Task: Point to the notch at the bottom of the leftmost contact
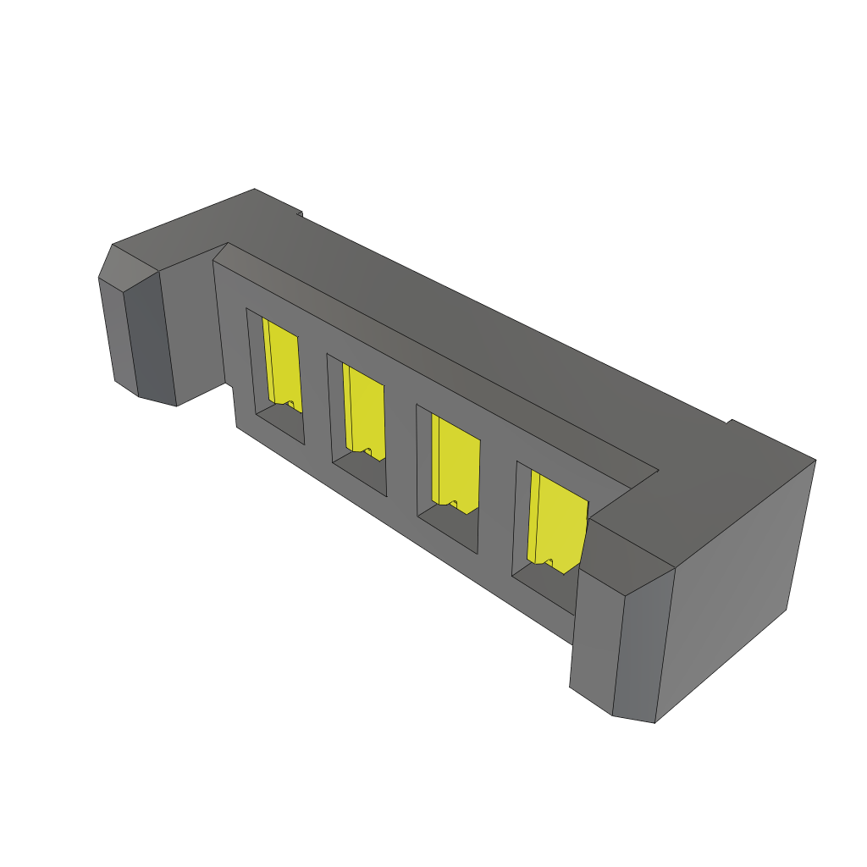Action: click(290, 405)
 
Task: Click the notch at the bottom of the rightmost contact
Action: click(549, 562)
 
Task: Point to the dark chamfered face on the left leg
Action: click(149, 339)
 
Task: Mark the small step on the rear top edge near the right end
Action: click(729, 421)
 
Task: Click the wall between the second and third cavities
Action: click(400, 449)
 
